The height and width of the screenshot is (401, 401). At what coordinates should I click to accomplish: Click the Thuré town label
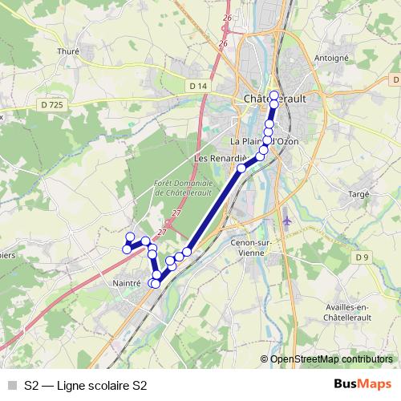point(69,51)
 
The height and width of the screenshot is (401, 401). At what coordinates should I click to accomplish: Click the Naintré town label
point(127,283)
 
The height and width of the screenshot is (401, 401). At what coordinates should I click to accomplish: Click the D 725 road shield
point(51,104)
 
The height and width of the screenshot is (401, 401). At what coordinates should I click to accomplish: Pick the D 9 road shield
point(363,257)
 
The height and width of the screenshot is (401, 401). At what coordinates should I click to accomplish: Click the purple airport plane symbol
point(287,219)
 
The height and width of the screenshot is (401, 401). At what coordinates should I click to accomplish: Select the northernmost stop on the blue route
point(274,95)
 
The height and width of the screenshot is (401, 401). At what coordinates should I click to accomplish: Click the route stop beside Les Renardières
point(241,168)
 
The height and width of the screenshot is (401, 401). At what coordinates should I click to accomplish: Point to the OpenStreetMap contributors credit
point(330,358)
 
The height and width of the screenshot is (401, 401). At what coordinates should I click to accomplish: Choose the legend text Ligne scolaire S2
point(95,385)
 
